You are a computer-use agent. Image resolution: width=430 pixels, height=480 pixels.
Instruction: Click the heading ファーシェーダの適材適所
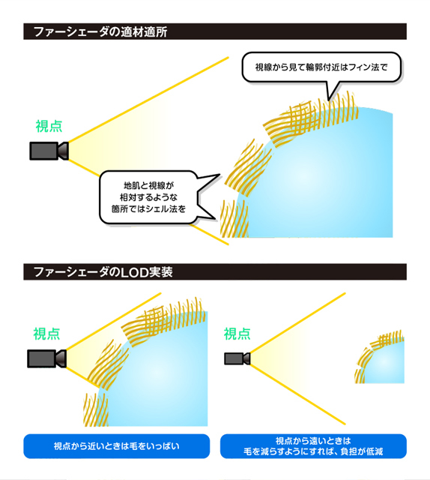[100, 31]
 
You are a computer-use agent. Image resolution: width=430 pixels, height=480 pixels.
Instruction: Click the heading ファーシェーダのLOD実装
[103, 271]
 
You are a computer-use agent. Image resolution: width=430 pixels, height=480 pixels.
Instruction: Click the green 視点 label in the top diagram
[49, 126]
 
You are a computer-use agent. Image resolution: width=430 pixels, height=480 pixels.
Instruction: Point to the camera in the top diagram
[49, 151]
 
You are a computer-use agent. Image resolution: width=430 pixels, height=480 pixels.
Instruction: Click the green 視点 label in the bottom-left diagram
[46, 334]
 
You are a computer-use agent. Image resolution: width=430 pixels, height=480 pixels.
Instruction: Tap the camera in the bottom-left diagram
[46, 358]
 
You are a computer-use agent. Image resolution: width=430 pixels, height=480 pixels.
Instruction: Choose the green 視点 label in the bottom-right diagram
[237, 334]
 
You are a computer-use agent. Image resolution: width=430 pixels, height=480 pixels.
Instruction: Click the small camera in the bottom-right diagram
[237, 358]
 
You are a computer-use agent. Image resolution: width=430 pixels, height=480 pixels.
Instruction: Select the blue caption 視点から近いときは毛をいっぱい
[117, 446]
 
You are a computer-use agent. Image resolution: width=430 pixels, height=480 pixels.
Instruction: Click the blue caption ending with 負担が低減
[313, 446]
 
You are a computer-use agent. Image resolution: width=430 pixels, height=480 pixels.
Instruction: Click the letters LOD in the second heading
[135, 272]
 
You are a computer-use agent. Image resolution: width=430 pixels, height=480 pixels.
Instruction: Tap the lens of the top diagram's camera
[64, 151]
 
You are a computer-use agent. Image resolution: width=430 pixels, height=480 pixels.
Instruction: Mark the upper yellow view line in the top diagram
[148, 100]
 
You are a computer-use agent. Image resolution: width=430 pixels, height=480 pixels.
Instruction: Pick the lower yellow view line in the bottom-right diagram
[298, 394]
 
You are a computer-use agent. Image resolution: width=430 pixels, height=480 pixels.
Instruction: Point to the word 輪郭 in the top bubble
[312, 67]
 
